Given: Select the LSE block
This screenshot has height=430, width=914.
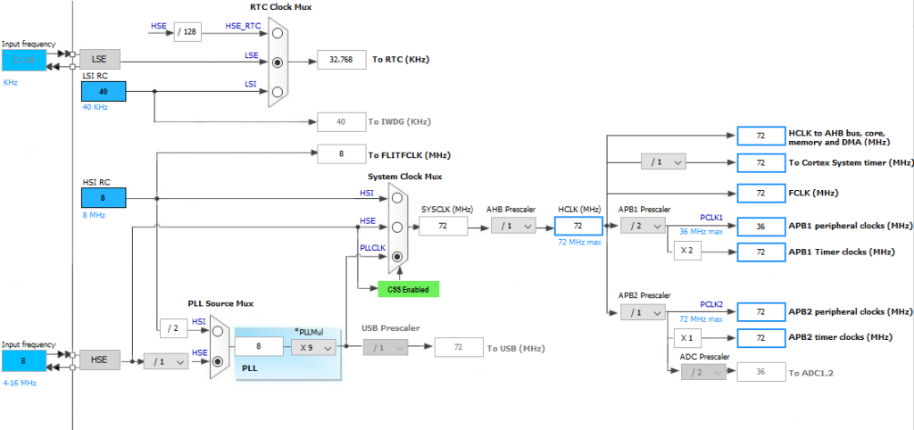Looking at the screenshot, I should pos(98,60).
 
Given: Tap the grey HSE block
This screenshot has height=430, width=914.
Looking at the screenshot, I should pos(98,360).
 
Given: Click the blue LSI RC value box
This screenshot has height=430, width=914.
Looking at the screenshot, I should pos(103,90).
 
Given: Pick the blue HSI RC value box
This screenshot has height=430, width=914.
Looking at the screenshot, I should pos(103,197).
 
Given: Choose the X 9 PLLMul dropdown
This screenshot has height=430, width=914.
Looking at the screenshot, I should pos(313,347).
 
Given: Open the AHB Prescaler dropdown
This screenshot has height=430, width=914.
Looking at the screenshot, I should pos(513,227).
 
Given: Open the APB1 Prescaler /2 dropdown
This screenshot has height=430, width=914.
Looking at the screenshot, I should pos(642,227).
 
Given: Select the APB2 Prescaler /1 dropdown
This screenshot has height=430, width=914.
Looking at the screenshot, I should pos(642,312).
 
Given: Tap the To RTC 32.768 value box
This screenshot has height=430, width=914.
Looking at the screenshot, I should pos(341,60).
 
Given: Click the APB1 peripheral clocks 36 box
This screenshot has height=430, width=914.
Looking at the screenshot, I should pos(760,226).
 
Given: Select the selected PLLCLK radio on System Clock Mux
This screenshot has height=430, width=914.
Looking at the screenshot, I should pos(396,257).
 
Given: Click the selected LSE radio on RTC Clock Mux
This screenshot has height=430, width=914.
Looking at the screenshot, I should pos(278,63).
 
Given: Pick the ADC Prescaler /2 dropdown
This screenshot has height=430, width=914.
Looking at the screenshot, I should pos(703,372).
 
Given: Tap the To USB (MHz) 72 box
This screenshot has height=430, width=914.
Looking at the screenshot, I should pos(458,347).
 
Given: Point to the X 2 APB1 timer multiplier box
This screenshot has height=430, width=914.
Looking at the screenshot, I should pos(685,252).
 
